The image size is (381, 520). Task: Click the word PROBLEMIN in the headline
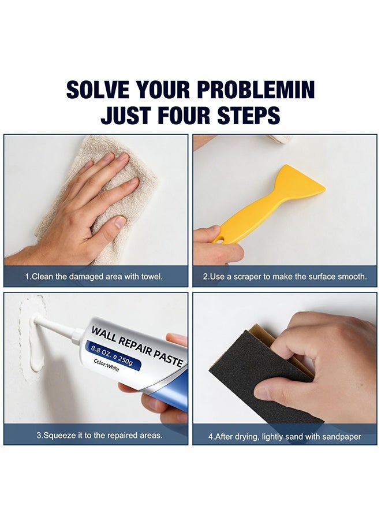[x=256, y=90]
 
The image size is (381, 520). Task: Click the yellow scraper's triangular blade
[x=298, y=182]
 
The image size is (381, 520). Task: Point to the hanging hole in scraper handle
[x=219, y=239]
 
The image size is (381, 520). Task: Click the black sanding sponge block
[x=265, y=375]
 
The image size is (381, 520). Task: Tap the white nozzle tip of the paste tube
[x=36, y=320]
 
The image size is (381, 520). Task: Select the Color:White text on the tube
[x=106, y=365]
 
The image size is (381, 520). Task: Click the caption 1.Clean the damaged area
[x=94, y=276]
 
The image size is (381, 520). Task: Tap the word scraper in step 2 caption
[x=247, y=277]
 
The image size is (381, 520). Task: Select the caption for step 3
[x=99, y=435]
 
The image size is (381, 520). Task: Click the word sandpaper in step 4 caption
[x=342, y=437]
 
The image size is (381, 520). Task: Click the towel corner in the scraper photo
[x=280, y=139]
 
